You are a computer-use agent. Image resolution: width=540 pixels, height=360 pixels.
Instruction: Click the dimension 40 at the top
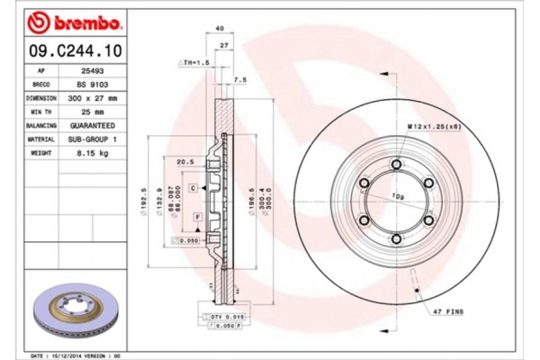[x=220, y=29]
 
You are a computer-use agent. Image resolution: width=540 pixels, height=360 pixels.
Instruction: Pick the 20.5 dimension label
[x=187, y=162]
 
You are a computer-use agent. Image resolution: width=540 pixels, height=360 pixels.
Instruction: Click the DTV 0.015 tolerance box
[x=227, y=318]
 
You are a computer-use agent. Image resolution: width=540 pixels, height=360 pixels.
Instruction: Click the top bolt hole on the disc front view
[x=396, y=163]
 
